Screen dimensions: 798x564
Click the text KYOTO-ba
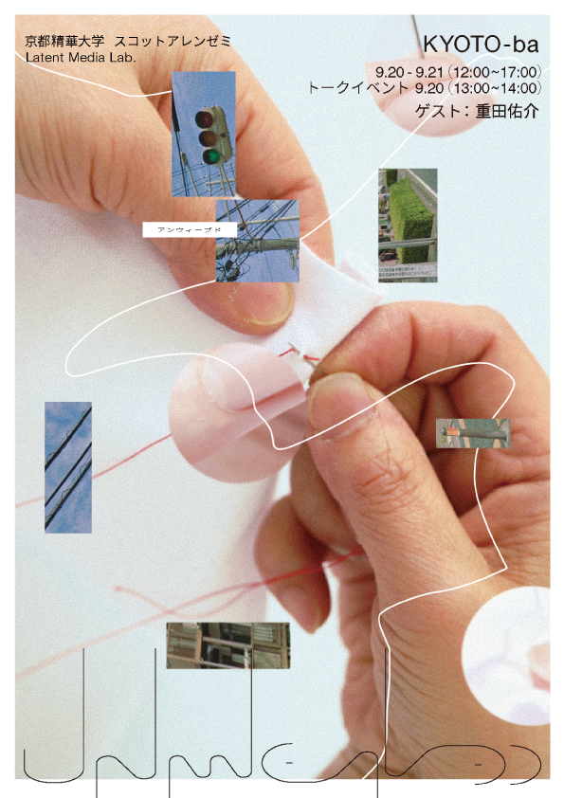(482, 45)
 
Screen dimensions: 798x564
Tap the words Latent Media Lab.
(82, 58)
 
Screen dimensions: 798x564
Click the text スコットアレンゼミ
(172, 42)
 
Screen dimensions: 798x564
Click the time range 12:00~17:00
(496, 71)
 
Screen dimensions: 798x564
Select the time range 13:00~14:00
(496, 88)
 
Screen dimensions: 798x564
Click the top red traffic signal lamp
(203, 118)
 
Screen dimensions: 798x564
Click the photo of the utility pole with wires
(257, 241)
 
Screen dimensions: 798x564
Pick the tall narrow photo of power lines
(68, 466)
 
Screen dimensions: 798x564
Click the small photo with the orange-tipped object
(473, 433)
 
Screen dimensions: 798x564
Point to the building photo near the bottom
(227, 645)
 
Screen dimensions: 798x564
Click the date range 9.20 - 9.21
(409, 71)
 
